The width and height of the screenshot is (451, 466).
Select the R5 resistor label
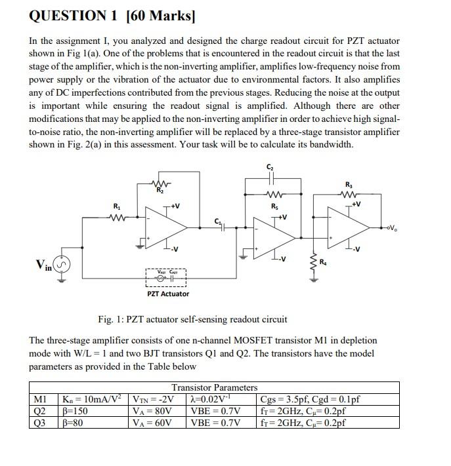(274, 206)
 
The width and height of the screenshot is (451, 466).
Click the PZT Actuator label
(167, 294)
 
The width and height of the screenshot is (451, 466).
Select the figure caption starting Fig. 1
(192, 319)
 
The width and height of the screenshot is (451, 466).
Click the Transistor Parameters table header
(215, 387)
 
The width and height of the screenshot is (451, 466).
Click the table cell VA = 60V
(152, 423)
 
